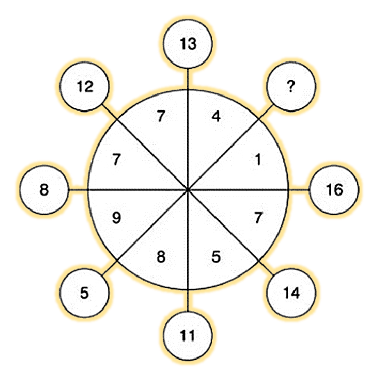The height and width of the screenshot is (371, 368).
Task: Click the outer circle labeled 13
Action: [x=188, y=44]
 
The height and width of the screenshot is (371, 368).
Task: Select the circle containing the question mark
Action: [x=291, y=86]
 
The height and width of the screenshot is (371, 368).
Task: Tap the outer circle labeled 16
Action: [x=334, y=190]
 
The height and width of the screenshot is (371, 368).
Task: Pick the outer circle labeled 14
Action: [x=291, y=293]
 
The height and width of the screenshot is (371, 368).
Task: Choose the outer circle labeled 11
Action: [x=188, y=336]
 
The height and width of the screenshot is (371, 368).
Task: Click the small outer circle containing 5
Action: [x=84, y=293]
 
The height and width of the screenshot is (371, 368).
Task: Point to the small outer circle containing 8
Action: [x=45, y=190]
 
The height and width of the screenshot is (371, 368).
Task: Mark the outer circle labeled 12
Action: [x=84, y=86]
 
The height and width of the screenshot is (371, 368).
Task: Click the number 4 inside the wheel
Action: [x=216, y=116]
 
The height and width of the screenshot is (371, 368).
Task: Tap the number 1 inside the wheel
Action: [x=258, y=159]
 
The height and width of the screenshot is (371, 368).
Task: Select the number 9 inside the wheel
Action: [x=116, y=218]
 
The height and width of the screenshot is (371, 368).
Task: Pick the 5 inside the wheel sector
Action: [x=216, y=257]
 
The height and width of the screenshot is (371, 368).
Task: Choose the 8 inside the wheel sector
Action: [x=161, y=257]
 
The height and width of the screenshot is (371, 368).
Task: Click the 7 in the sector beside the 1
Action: [x=258, y=218]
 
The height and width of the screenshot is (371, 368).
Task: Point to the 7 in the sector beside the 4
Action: [x=161, y=116]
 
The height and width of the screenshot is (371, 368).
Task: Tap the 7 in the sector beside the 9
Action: [x=116, y=159]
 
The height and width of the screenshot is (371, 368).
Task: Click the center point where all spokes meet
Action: [x=188, y=190]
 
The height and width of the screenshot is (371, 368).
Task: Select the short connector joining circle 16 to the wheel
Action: [x=299, y=190]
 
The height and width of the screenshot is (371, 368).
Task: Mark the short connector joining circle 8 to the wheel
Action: [x=78, y=190]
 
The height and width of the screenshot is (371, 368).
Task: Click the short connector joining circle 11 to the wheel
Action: [x=188, y=301]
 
